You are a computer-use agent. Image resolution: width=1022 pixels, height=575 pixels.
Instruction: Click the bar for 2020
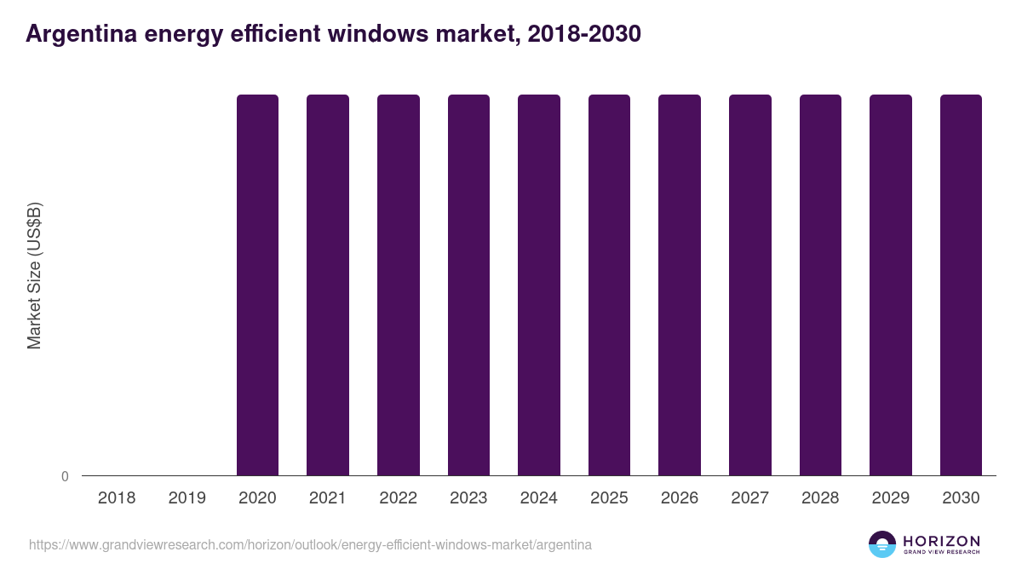257,285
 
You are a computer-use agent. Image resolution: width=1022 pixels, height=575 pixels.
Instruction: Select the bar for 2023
468,285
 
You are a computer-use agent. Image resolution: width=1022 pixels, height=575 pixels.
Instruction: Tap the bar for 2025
609,285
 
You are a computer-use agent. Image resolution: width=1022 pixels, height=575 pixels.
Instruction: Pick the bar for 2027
749,285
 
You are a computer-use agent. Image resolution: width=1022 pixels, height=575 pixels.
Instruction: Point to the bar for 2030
961,285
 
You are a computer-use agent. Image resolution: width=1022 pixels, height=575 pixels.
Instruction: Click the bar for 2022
398,285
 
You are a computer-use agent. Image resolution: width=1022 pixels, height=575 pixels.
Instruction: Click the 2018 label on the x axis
117,498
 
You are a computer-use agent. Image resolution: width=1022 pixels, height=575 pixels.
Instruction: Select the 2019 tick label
187,498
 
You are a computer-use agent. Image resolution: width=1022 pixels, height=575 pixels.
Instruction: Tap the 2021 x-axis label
328,498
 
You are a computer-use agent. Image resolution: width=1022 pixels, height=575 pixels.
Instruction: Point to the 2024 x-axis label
538,498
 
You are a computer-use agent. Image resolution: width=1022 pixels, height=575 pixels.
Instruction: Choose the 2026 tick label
680,498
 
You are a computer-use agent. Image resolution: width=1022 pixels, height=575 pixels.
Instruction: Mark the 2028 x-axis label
820,498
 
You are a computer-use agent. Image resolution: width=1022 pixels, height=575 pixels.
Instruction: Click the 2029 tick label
890,498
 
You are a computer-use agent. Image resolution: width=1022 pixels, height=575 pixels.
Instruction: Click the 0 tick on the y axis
65,476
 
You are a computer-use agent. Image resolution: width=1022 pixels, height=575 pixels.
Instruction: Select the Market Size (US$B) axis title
34,276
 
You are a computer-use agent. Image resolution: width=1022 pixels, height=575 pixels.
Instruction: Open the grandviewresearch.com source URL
310,544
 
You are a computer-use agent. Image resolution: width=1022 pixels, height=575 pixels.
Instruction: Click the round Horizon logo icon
882,544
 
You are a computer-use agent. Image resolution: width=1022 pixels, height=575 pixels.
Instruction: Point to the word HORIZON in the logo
941,540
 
